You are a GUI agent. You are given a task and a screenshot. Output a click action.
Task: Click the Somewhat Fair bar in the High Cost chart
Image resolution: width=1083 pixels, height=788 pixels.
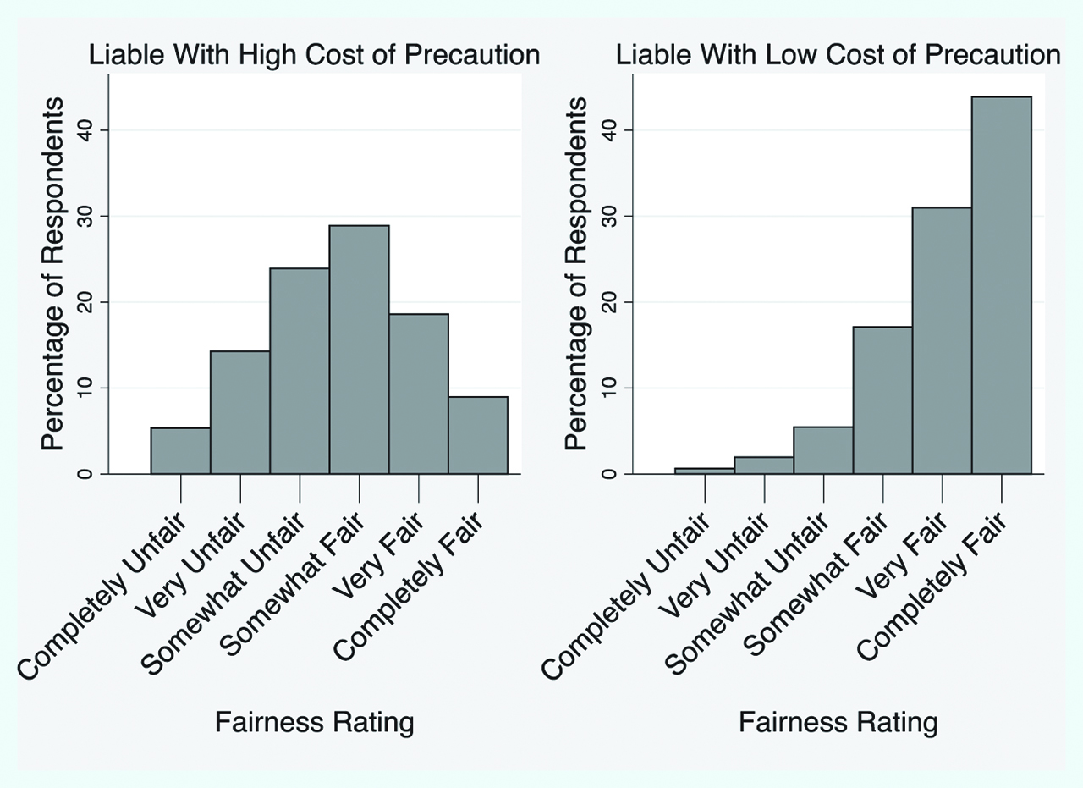tap(359, 349)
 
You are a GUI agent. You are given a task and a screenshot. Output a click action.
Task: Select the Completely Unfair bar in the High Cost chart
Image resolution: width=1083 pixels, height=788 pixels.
tap(180, 451)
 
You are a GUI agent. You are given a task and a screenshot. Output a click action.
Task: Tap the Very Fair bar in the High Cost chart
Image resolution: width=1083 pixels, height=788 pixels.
tap(419, 394)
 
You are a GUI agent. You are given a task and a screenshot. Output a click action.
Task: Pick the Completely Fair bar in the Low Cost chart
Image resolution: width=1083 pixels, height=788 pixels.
tap(1002, 285)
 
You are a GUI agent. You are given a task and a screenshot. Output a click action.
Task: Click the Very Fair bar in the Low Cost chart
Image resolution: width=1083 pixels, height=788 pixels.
tap(942, 340)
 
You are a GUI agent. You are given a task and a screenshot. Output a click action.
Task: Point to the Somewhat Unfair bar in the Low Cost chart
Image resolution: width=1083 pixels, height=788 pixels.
tap(823, 450)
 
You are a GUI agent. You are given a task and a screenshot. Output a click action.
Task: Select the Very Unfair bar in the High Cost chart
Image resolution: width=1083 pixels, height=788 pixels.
tap(240, 412)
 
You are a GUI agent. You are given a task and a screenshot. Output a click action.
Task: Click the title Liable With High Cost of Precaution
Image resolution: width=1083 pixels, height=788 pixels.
tap(315, 55)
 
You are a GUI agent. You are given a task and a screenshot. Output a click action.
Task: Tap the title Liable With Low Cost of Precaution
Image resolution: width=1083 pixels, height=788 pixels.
tap(838, 55)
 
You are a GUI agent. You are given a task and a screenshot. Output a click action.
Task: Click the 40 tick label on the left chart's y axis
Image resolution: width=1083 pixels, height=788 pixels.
tap(85, 130)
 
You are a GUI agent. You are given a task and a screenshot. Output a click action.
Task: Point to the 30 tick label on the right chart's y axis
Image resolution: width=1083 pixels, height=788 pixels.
tap(609, 217)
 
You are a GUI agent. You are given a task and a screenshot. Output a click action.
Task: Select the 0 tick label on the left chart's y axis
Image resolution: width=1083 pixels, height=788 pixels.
tap(85, 474)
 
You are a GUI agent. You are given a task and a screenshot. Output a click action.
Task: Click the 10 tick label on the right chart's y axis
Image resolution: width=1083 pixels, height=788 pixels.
tap(609, 388)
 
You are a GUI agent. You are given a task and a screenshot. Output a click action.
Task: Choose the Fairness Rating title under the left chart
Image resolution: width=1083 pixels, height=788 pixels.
tap(315, 723)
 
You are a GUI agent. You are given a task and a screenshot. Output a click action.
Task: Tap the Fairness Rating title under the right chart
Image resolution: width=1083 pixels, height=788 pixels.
tap(838, 723)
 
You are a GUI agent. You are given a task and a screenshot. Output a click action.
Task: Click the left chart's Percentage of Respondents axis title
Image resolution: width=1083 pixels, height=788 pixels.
tap(52, 273)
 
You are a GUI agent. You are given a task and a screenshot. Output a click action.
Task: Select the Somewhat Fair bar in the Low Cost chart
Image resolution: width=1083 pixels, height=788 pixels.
tap(882, 400)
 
